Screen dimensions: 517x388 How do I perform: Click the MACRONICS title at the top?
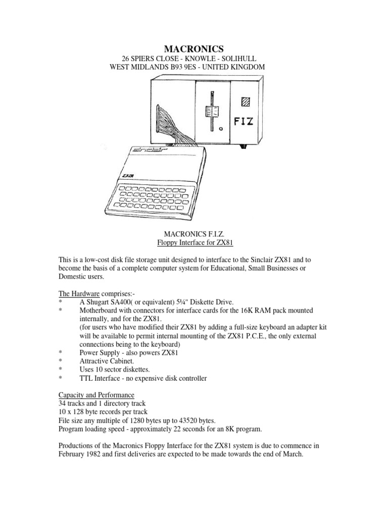point(193,48)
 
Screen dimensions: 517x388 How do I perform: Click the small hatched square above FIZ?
point(246,101)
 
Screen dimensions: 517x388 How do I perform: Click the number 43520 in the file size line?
point(186,420)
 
